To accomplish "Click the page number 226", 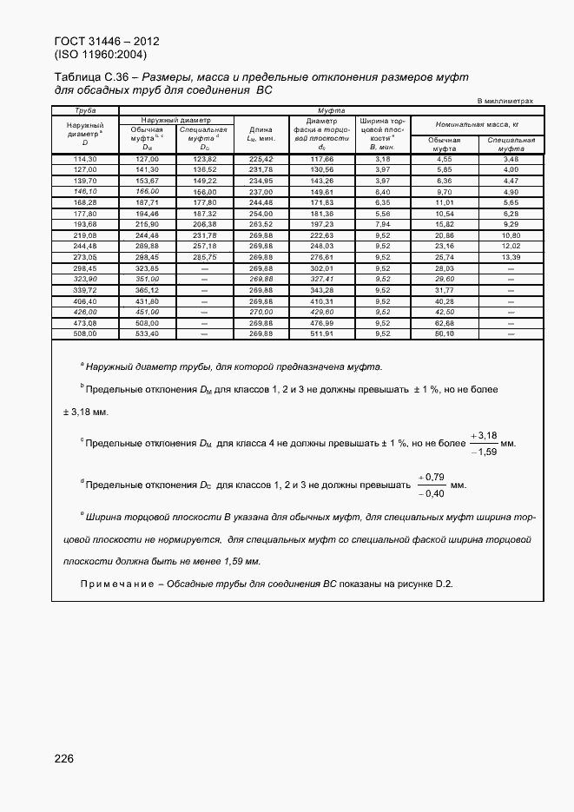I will coord(63,758).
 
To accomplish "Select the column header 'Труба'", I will coord(84,110).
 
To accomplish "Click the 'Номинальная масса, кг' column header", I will coord(477,125).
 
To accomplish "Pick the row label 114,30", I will coord(84,160).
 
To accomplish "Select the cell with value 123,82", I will coord(204,160).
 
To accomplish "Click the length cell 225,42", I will coord(261,160).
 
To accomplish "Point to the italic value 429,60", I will coord(321,311).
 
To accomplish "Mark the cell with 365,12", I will coord(147,289).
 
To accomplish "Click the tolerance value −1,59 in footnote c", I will coord(484,452).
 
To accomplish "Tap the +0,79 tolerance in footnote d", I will coord(431,477).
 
